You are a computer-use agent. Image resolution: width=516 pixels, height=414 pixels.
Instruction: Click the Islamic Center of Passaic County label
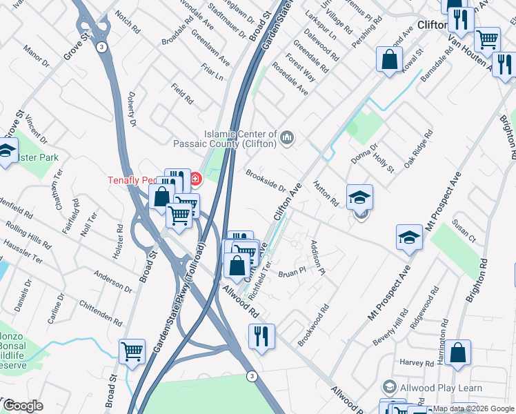[239, 139]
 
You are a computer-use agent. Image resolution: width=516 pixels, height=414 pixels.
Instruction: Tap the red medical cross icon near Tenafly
[195, 181]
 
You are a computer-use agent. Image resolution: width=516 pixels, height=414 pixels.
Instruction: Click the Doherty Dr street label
[131, 110]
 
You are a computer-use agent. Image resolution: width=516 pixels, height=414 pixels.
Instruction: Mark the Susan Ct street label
[464, 230]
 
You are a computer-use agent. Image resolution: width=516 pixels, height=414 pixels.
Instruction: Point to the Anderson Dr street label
[113, 279]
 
